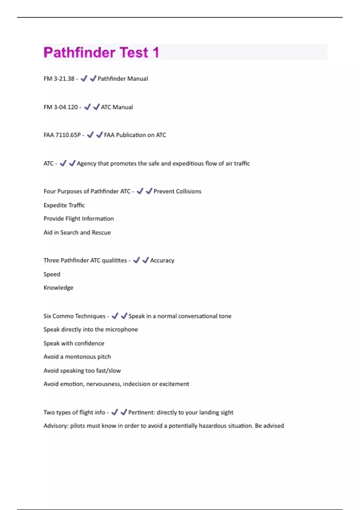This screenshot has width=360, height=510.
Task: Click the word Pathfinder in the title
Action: coord(79,52)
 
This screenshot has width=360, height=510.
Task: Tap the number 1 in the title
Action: coord(155,52)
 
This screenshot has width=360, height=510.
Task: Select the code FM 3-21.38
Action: coord(59,79)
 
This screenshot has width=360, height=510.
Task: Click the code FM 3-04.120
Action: coord(61,107)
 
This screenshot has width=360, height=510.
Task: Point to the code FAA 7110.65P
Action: coord(62,135)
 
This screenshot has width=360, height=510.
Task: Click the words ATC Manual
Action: coord(117,107)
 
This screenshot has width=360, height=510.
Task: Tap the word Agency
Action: coord(86,163)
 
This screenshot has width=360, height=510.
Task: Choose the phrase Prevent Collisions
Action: coord(177,191)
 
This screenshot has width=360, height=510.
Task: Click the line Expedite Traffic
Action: coord(64,205)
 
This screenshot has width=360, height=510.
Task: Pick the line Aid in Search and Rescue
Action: coord(77,232)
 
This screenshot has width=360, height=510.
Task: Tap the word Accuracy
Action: coord(162,260)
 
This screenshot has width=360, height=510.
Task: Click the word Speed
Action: coord(52,274)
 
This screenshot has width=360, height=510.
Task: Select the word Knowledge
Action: coord(58,288)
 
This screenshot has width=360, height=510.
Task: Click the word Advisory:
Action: coord(56,426)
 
